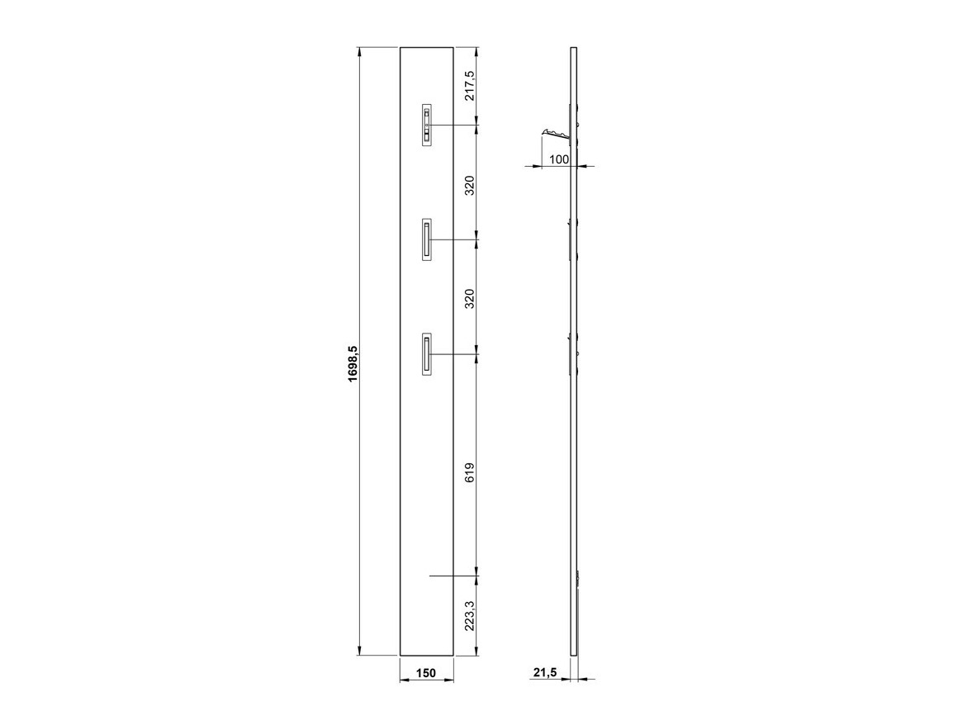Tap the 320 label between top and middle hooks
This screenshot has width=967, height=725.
click(x=470, y=185)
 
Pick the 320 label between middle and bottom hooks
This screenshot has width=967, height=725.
click(x=470, y=298)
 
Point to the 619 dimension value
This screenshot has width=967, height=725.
click(x=470, y=472)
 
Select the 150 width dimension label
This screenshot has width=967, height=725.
click(x=425, y=674)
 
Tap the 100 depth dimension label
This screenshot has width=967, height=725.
click(x=559, y=159)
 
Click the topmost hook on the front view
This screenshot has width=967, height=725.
click(x=427, y=126)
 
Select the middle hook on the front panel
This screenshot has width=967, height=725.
click(x=427, y=240)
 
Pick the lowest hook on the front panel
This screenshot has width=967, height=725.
click(x=427, y=355)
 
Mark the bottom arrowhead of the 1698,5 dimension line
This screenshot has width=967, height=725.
click(x=360, y=651)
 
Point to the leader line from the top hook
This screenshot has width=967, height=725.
click(x=454, y=126)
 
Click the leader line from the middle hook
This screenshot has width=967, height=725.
click(x=454, y=240)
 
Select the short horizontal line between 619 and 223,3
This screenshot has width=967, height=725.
click(x=453, y=576)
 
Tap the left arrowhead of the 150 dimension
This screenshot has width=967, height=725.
click(x=404, y=680)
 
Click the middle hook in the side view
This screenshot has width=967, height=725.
click(x=571, y=239)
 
